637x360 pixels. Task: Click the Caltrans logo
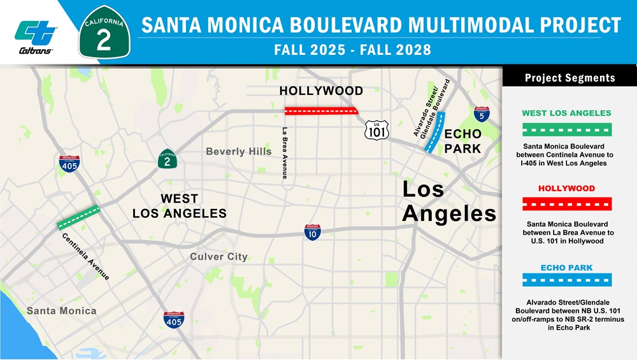[36, 36]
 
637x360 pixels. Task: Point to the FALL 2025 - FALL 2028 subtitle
[352, 50]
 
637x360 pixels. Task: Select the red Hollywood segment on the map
[321, 111]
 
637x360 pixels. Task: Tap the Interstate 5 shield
[482, 114]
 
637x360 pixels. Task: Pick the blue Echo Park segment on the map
[435, 133]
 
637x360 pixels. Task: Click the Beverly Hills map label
[238, 152]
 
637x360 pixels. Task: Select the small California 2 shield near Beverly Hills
[167, 159]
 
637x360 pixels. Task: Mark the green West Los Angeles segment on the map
[78, 217]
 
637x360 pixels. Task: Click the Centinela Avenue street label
[86, 257]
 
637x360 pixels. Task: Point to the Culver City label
[218, 257]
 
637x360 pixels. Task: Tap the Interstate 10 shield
[312, 232]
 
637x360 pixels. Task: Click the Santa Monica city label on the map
[61, 311]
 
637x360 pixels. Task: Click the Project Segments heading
[569, 78]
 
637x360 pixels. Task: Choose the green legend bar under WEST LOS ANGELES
[566, 129]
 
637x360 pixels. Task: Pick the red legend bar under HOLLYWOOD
[566, 204]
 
